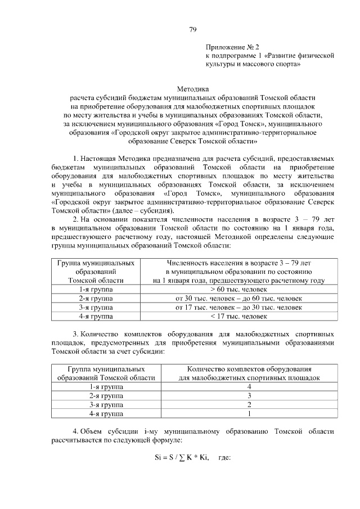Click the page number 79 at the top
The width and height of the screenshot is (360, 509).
coord(192,29)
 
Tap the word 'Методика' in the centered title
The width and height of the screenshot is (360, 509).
coord(192,89)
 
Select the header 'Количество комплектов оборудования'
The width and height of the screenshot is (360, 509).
coord(249,369)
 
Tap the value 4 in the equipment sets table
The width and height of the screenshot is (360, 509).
coord(249,387)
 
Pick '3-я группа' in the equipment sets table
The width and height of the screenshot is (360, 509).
coord(106,405)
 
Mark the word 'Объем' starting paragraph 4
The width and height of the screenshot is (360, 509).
coord(92,431)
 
